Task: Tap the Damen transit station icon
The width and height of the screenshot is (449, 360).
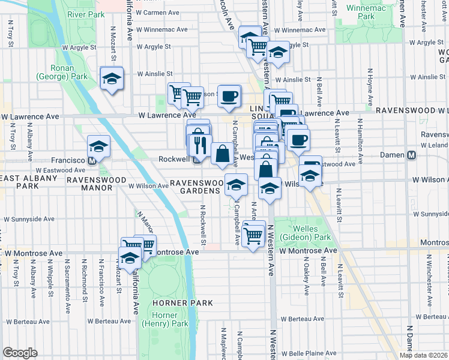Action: click(412, 155)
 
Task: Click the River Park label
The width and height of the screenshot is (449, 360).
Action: click(83, 14)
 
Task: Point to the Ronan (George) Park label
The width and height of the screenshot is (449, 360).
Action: click(62, 72)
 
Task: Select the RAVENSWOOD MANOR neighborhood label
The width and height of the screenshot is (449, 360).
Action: click(89, 184)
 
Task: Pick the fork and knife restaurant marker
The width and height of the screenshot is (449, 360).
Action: click(200, 145)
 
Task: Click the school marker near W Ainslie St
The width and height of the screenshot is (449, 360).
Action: click(111, 78)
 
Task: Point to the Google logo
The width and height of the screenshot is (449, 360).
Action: click(20, 353)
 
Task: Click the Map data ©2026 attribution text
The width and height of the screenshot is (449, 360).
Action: click(423, 355)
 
